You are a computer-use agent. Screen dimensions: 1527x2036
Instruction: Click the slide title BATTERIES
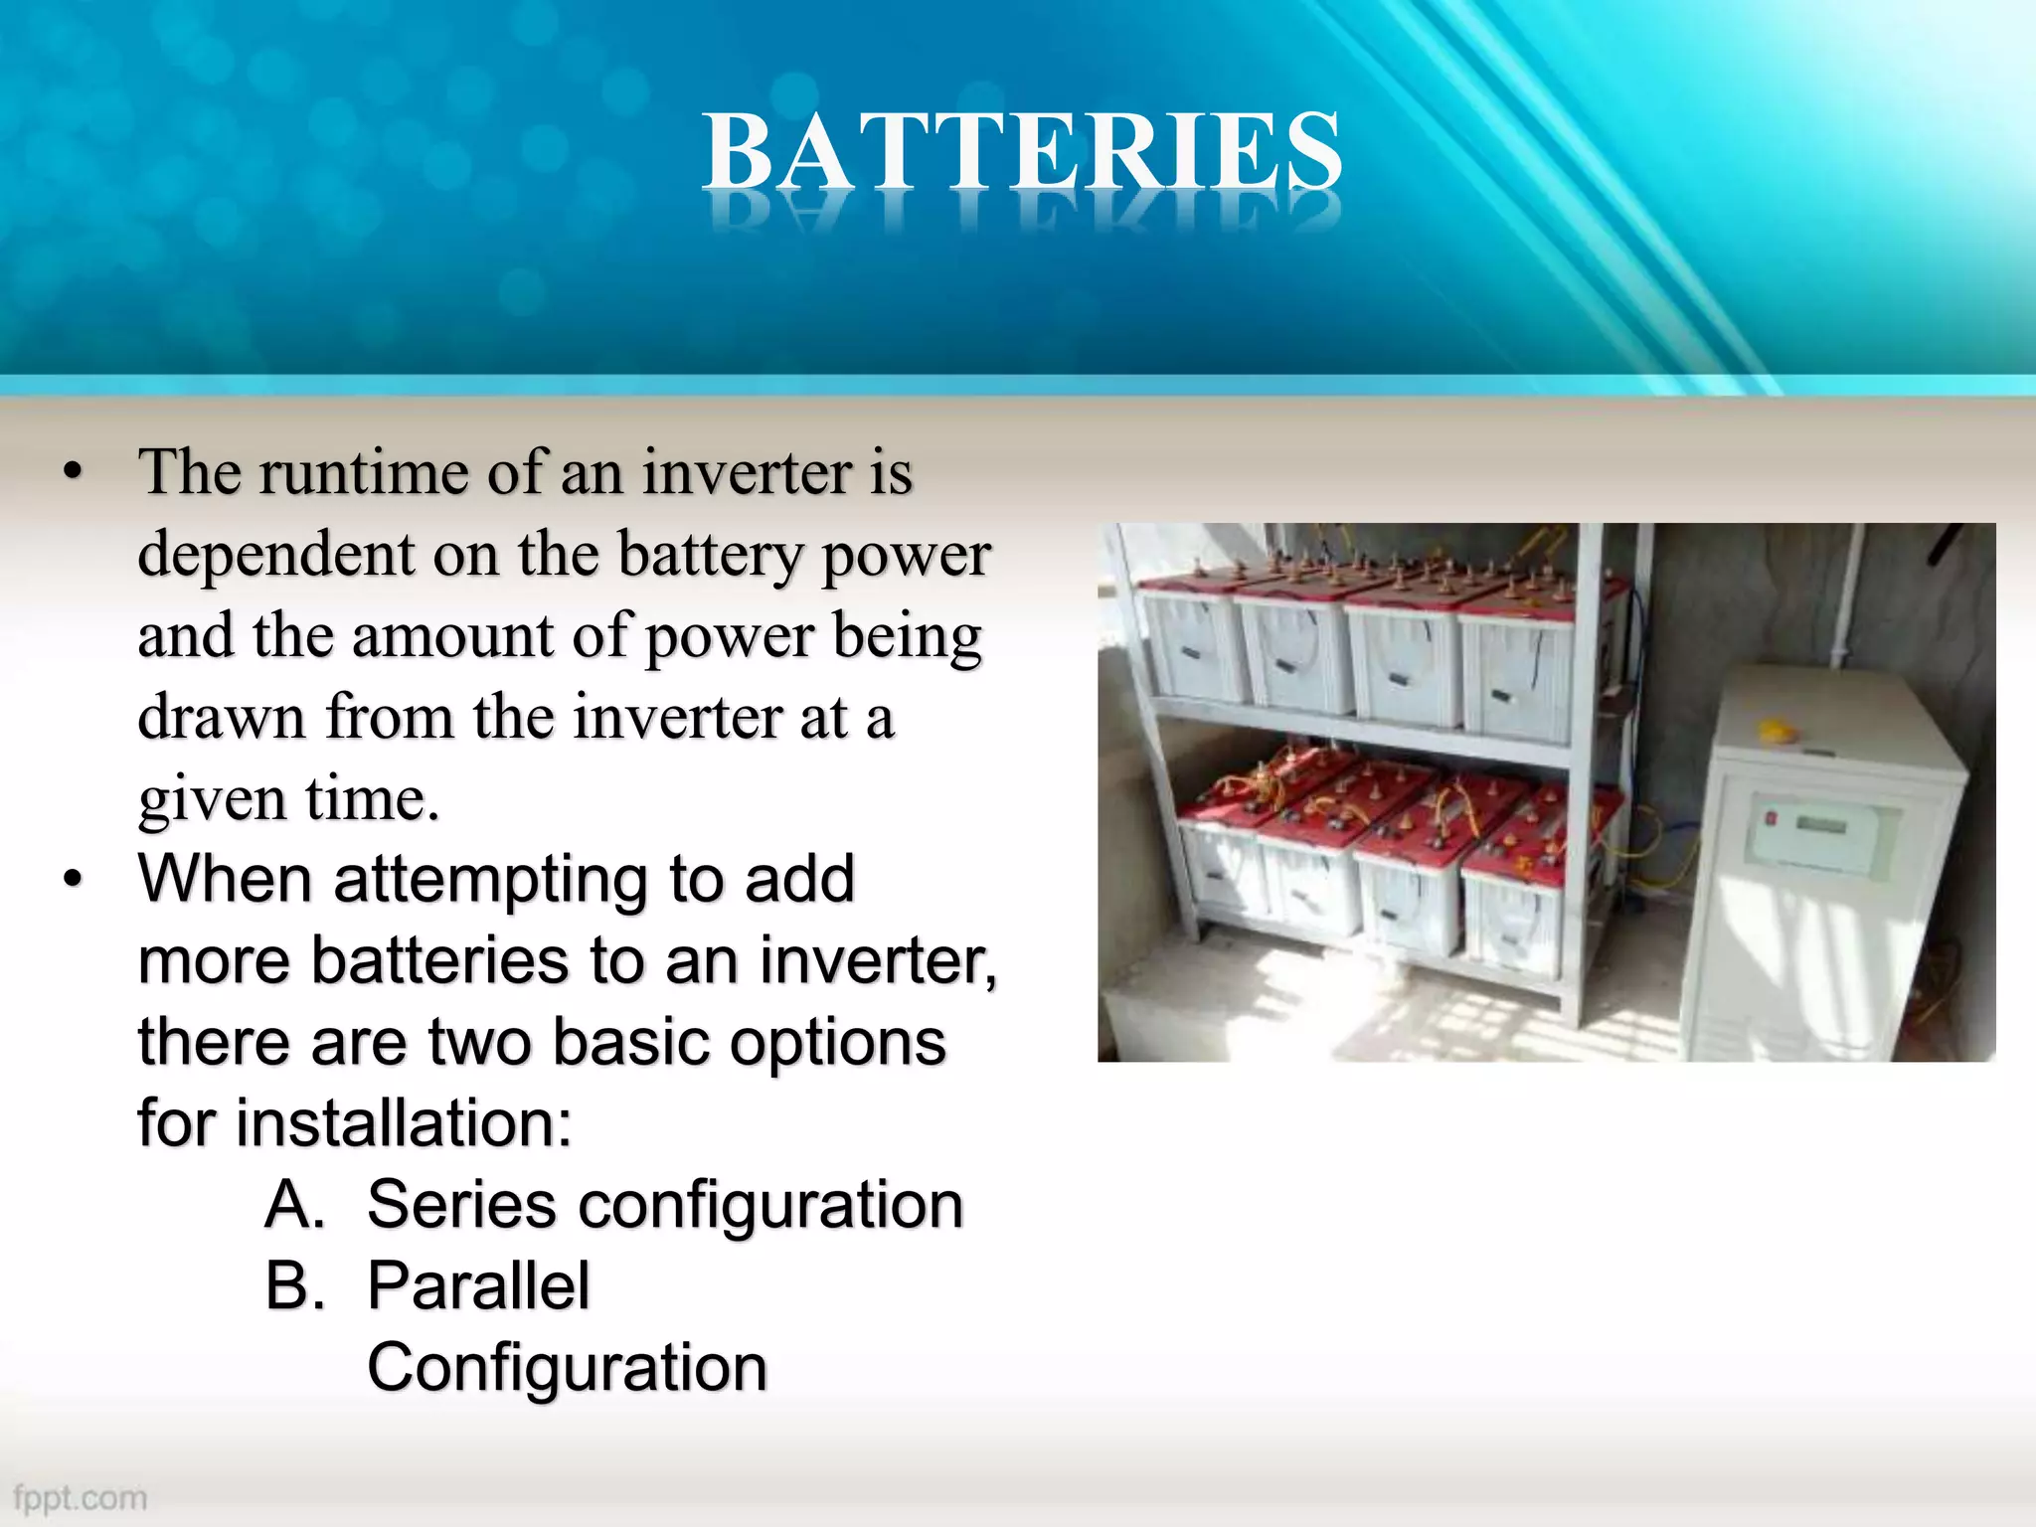point(1022,151)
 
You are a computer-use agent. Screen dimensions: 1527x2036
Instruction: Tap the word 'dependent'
point(275,555)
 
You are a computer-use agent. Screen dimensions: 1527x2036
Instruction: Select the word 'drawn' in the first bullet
point(221,718)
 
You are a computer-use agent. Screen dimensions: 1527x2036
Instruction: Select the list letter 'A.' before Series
point(295,1206)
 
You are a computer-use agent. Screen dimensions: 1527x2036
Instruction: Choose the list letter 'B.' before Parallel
point(295,1286)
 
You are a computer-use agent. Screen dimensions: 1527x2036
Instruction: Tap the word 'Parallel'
point(478,1286)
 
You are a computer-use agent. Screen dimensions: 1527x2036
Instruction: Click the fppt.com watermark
point(81,1497)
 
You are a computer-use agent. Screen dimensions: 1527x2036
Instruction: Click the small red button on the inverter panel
point(1770,818)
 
